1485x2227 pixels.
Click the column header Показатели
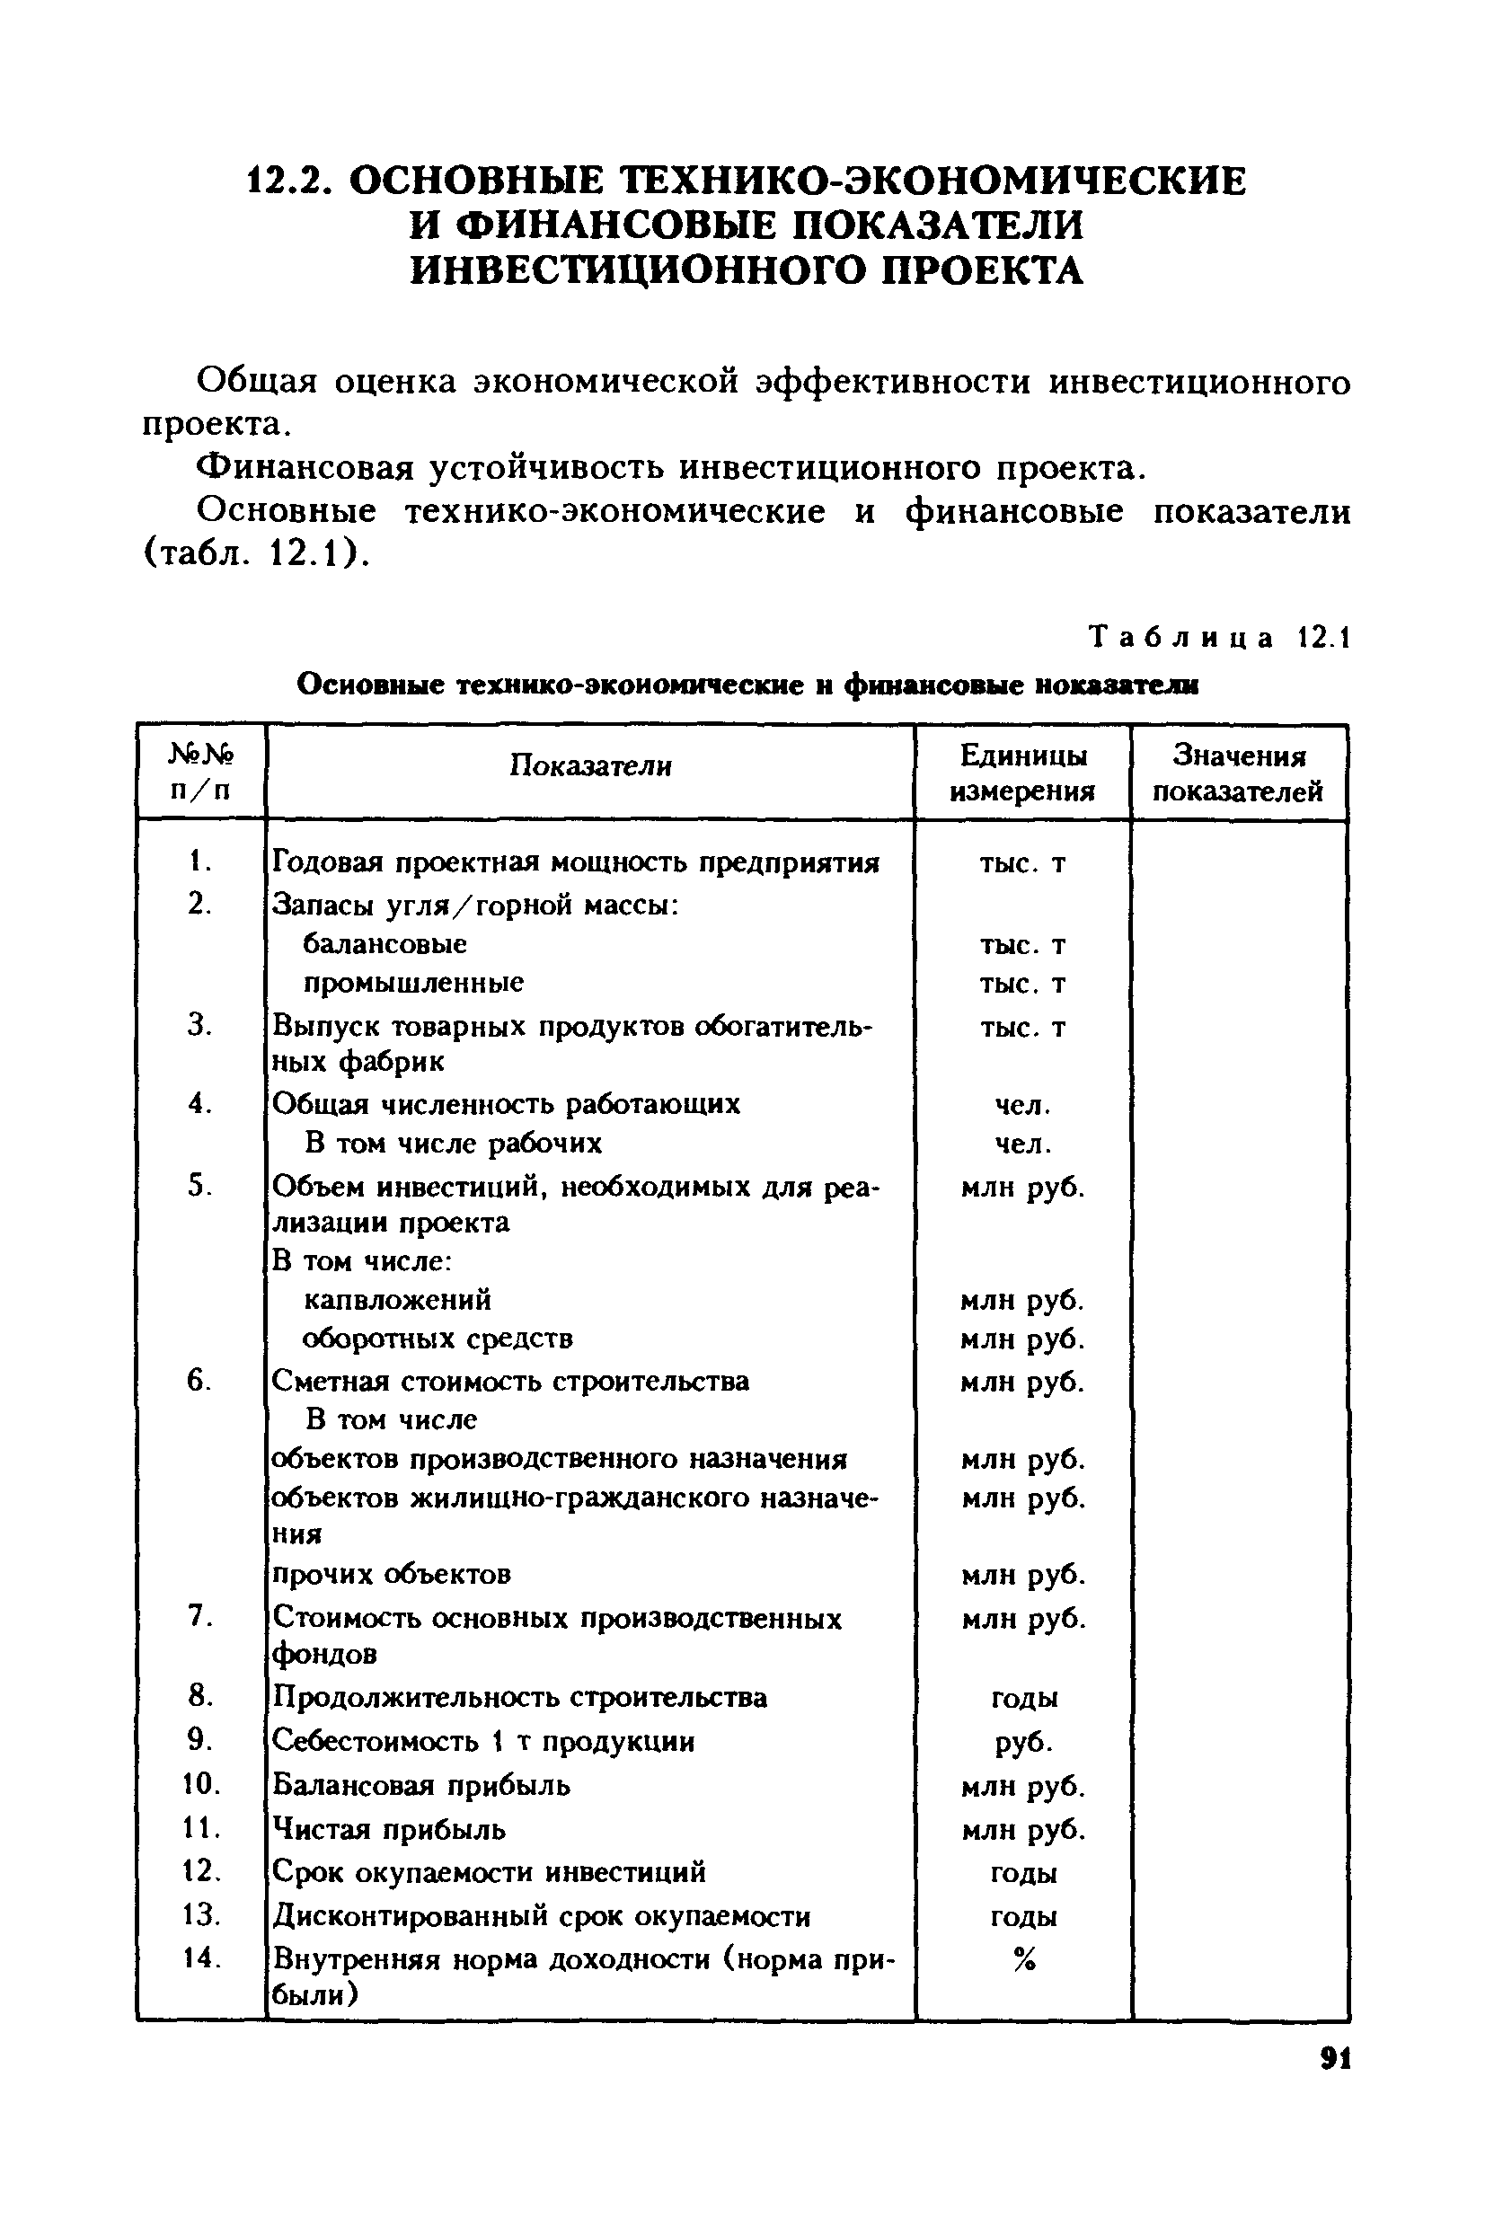coord(590,765)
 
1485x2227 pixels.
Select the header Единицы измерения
coord(1023,773)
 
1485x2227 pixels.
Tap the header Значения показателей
coord(1238,773)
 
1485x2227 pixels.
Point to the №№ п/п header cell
coord(200,771)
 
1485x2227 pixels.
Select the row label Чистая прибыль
coord(389,1829)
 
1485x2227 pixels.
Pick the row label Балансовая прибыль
coord(421,1785)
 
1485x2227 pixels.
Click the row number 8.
coord(199,1695)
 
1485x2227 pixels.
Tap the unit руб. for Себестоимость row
coord(1024,1742)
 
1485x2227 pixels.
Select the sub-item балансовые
coord(385,944)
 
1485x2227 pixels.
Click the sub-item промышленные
coord(413,983)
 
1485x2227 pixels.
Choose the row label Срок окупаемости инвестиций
coord(489,1872)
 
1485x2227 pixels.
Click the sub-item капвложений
coord(398,1299)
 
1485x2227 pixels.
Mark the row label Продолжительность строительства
coord(519,1697)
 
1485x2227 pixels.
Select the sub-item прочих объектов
coord(392,1574)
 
